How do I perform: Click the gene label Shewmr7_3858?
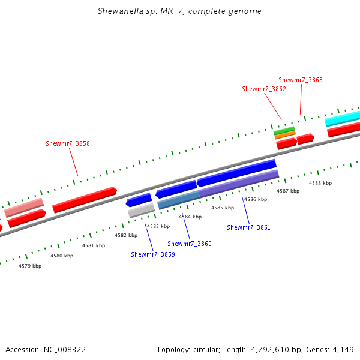[x=68, y=143]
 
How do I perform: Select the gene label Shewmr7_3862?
[x=264, y=89]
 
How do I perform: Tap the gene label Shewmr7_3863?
[x=301, y=80]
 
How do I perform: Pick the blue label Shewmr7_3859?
[x=153, y=254]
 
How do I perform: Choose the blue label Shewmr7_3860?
[x=190, y=244]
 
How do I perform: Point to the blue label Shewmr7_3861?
[x=248, y=227]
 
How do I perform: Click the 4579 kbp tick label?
[x=30, y=265]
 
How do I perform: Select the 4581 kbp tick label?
[x=94, y=245]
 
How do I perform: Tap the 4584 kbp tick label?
[x=190, y=217]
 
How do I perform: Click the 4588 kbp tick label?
[x=320, y=183]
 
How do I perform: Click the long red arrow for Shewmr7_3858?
[x=84, y=200]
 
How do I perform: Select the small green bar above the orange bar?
[x=284, y=130]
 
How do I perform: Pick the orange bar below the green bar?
[x=285, y=135]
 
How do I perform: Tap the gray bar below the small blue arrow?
[x=141, y=210]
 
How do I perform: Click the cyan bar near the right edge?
[x=343, y=118]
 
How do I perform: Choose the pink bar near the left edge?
[x=24, y=207]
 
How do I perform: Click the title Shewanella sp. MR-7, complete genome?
[x=179, y=11]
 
